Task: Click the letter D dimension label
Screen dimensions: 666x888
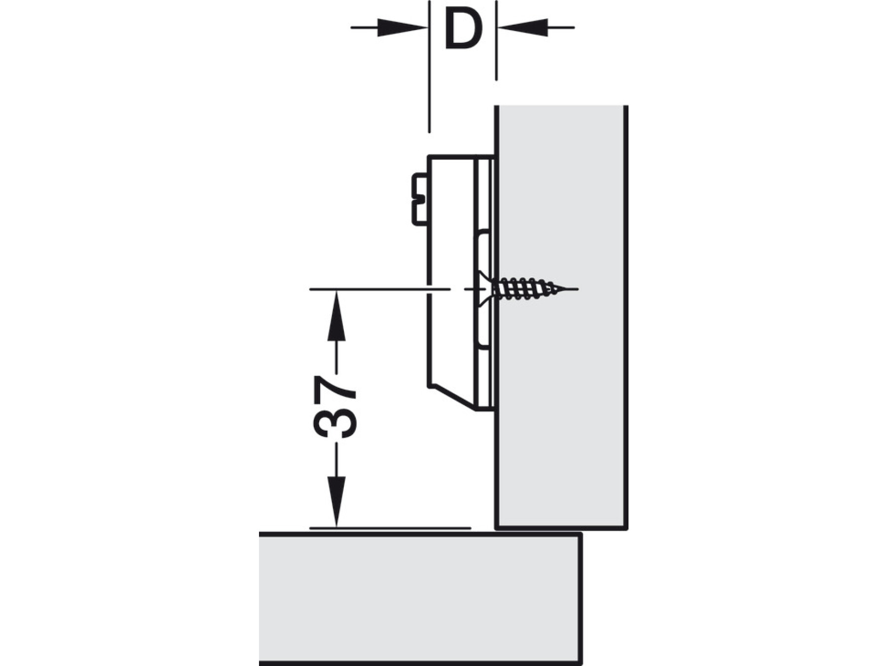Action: click(x=462, y=31)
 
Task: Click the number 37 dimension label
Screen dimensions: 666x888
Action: click(x=335, y=407)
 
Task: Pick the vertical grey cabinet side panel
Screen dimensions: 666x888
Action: click(x=561, y=316)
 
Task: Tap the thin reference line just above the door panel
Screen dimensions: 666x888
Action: click(x=390, y=528)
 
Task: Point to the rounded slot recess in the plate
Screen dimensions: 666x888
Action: click(x=483, y=247)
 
